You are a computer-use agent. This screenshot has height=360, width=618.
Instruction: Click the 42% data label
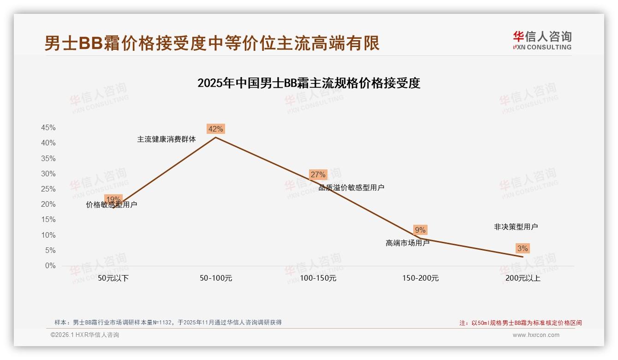coord(216,129)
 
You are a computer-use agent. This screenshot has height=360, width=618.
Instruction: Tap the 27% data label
coord(318,174)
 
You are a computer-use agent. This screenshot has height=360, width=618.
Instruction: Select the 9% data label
coord(420,230)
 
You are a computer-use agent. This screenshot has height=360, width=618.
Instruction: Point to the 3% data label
coord(523,248)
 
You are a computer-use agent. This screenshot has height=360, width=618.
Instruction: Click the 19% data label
coord(113,199)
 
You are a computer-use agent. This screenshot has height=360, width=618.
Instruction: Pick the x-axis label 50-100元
coord(216,278)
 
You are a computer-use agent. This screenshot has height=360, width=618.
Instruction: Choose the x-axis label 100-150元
coord(318,278)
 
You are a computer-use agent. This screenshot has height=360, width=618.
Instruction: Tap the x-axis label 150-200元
coord(420,278)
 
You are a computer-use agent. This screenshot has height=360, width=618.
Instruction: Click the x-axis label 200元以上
coord(523,278)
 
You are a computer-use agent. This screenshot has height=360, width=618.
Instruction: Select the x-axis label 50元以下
coord(113,278)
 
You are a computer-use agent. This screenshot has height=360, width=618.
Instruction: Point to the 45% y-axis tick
coord(48,128)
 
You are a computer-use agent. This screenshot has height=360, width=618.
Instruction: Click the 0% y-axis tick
coord(50,266)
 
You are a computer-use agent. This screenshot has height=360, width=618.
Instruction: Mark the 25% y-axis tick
coord(48,189)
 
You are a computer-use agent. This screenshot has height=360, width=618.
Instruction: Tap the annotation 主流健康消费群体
coord(166,139)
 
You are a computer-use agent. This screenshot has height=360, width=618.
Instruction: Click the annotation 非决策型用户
coord(516,227)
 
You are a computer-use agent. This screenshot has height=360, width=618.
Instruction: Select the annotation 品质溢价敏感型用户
coord(351,187)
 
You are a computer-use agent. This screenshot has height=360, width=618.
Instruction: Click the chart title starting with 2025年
coord(309,83)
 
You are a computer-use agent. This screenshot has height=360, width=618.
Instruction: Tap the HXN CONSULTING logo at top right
coord(542,40)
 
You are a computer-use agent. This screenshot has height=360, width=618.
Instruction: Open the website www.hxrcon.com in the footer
coord(536,335)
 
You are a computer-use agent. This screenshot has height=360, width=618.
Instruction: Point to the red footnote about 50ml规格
coord(521,323)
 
